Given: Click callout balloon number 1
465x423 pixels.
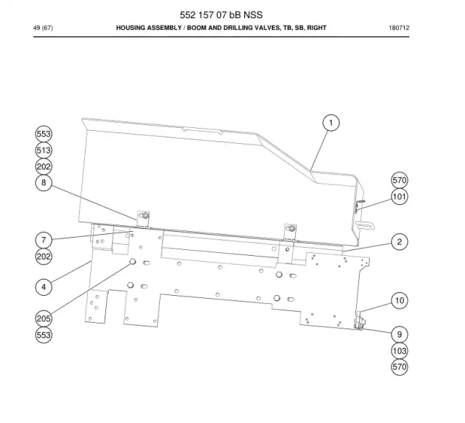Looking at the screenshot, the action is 331,123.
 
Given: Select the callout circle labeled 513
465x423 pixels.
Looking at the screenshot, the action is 44,150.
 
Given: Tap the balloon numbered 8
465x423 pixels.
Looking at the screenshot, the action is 44,182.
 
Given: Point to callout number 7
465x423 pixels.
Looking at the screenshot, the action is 44,240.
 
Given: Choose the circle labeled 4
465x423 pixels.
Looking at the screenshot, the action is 44,287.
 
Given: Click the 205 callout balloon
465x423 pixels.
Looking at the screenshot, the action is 44,318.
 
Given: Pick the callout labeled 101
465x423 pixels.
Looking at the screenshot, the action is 400,196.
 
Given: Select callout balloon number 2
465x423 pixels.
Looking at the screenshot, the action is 400,242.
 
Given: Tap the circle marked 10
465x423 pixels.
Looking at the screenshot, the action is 400,300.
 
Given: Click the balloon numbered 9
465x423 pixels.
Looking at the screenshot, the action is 400,334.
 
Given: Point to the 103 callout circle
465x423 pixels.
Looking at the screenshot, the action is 400,351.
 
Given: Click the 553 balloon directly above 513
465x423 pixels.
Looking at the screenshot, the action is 44,134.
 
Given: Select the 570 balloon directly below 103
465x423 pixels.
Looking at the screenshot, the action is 400,367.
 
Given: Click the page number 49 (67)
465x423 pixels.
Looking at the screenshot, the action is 43,28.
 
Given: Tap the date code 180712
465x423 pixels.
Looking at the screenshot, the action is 399,28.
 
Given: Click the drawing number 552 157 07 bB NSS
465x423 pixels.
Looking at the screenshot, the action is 221,15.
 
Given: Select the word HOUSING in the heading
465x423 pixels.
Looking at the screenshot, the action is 130,28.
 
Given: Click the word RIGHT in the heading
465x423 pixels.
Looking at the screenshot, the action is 317,28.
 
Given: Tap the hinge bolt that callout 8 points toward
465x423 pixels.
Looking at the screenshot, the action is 145,215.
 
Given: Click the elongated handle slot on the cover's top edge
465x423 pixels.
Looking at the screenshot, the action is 203,131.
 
